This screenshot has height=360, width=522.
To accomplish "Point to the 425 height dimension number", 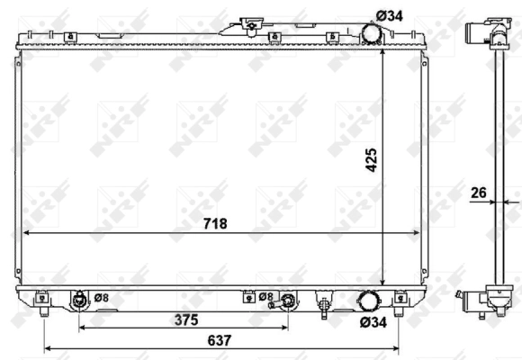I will click(370, 159).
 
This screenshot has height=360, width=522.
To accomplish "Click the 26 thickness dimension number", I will click(477, 192).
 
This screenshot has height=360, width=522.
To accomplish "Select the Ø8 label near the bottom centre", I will click(265, 296).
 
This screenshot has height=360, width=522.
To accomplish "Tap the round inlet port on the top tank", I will click(369, 32).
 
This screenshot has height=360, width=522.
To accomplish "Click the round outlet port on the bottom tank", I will click(369, 301).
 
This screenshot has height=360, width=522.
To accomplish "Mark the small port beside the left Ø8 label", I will click(79, 300).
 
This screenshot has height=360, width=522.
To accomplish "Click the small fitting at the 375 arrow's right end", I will click(288, 302).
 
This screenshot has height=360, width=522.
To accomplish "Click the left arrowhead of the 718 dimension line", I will click(24, 232).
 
